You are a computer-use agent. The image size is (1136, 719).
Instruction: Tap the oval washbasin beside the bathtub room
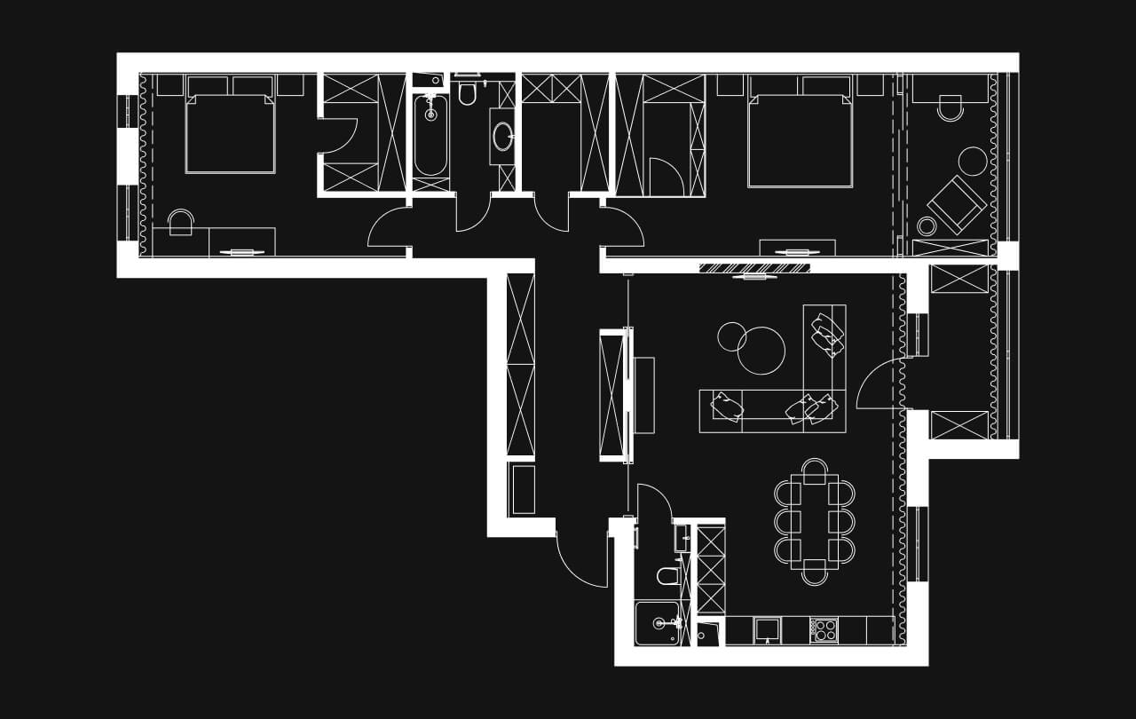503,137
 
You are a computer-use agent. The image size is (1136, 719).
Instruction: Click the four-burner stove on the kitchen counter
825,630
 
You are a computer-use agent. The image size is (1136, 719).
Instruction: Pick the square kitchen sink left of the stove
767,630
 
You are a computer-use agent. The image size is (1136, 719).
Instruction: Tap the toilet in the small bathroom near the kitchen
669,576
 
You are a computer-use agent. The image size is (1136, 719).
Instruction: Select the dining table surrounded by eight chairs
815,522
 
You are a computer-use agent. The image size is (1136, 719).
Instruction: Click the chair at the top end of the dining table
815,470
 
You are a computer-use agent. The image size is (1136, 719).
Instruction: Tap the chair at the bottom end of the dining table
815,573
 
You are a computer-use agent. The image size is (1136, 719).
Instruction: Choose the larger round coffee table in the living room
761,351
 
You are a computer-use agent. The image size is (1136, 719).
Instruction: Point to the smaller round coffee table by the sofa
732,336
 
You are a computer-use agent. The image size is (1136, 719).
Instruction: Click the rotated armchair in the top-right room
956,204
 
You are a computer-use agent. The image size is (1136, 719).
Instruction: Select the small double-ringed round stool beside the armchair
927,225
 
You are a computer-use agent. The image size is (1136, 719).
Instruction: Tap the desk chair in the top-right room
950,108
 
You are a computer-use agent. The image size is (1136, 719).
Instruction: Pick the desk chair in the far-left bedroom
181,222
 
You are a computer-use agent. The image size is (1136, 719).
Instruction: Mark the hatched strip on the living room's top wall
754,268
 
